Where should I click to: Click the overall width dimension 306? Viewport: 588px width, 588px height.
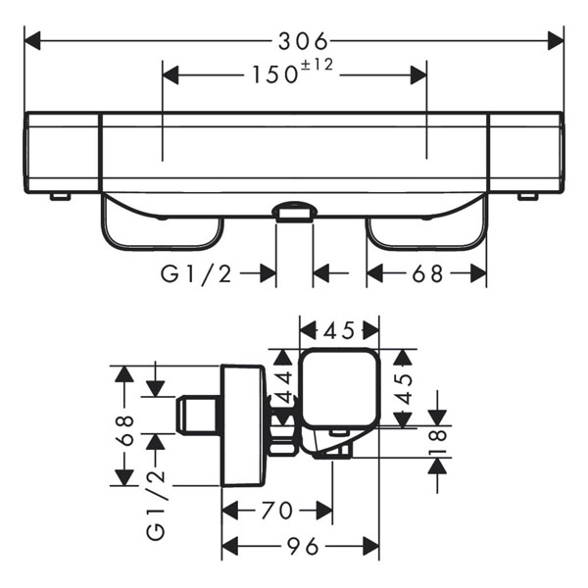click(301, 40)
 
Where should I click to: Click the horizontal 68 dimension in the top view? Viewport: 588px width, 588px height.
click(427, 274)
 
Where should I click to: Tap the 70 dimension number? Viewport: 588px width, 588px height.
click(276, 511)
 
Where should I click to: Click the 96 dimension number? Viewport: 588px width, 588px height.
click(302, 545)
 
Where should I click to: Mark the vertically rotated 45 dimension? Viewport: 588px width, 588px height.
click(403, 390)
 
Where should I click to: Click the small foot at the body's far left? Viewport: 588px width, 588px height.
click(61, 197)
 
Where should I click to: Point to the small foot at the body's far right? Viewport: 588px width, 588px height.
click(527, 197)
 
